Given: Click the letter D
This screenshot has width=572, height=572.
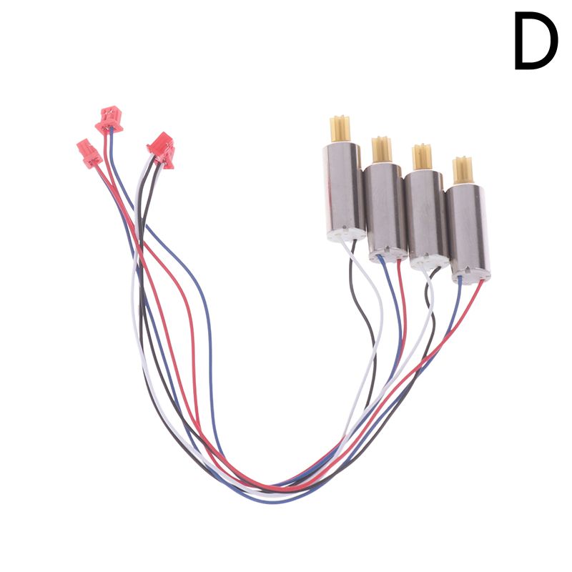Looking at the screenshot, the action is [x=536, y=40].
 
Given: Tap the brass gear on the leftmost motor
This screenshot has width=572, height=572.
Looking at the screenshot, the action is [x=340, y=129].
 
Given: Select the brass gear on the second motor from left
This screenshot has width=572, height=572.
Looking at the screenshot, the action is [x=382, y=150].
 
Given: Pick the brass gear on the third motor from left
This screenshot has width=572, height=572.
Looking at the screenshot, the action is [x=422, y=157].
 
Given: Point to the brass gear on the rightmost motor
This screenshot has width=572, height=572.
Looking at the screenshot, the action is [x=463, y=170].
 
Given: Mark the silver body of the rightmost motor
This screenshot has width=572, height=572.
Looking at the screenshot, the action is [x=469, y=230].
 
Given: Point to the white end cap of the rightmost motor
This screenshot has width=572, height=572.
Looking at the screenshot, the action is [x=471, y=278].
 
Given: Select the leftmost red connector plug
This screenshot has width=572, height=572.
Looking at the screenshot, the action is [x=89, y=152].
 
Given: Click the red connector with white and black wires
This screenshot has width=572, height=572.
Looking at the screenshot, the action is [x=162, y=150].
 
